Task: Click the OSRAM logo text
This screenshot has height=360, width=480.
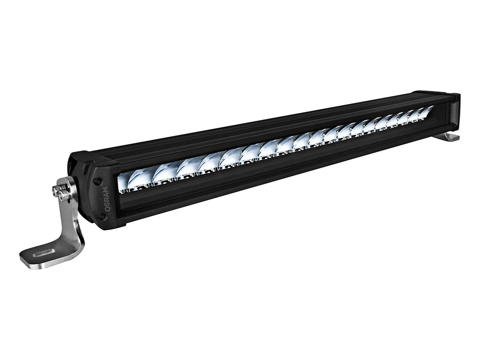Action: (106, 199)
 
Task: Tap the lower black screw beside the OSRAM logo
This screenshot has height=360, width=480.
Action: (101, 217)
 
